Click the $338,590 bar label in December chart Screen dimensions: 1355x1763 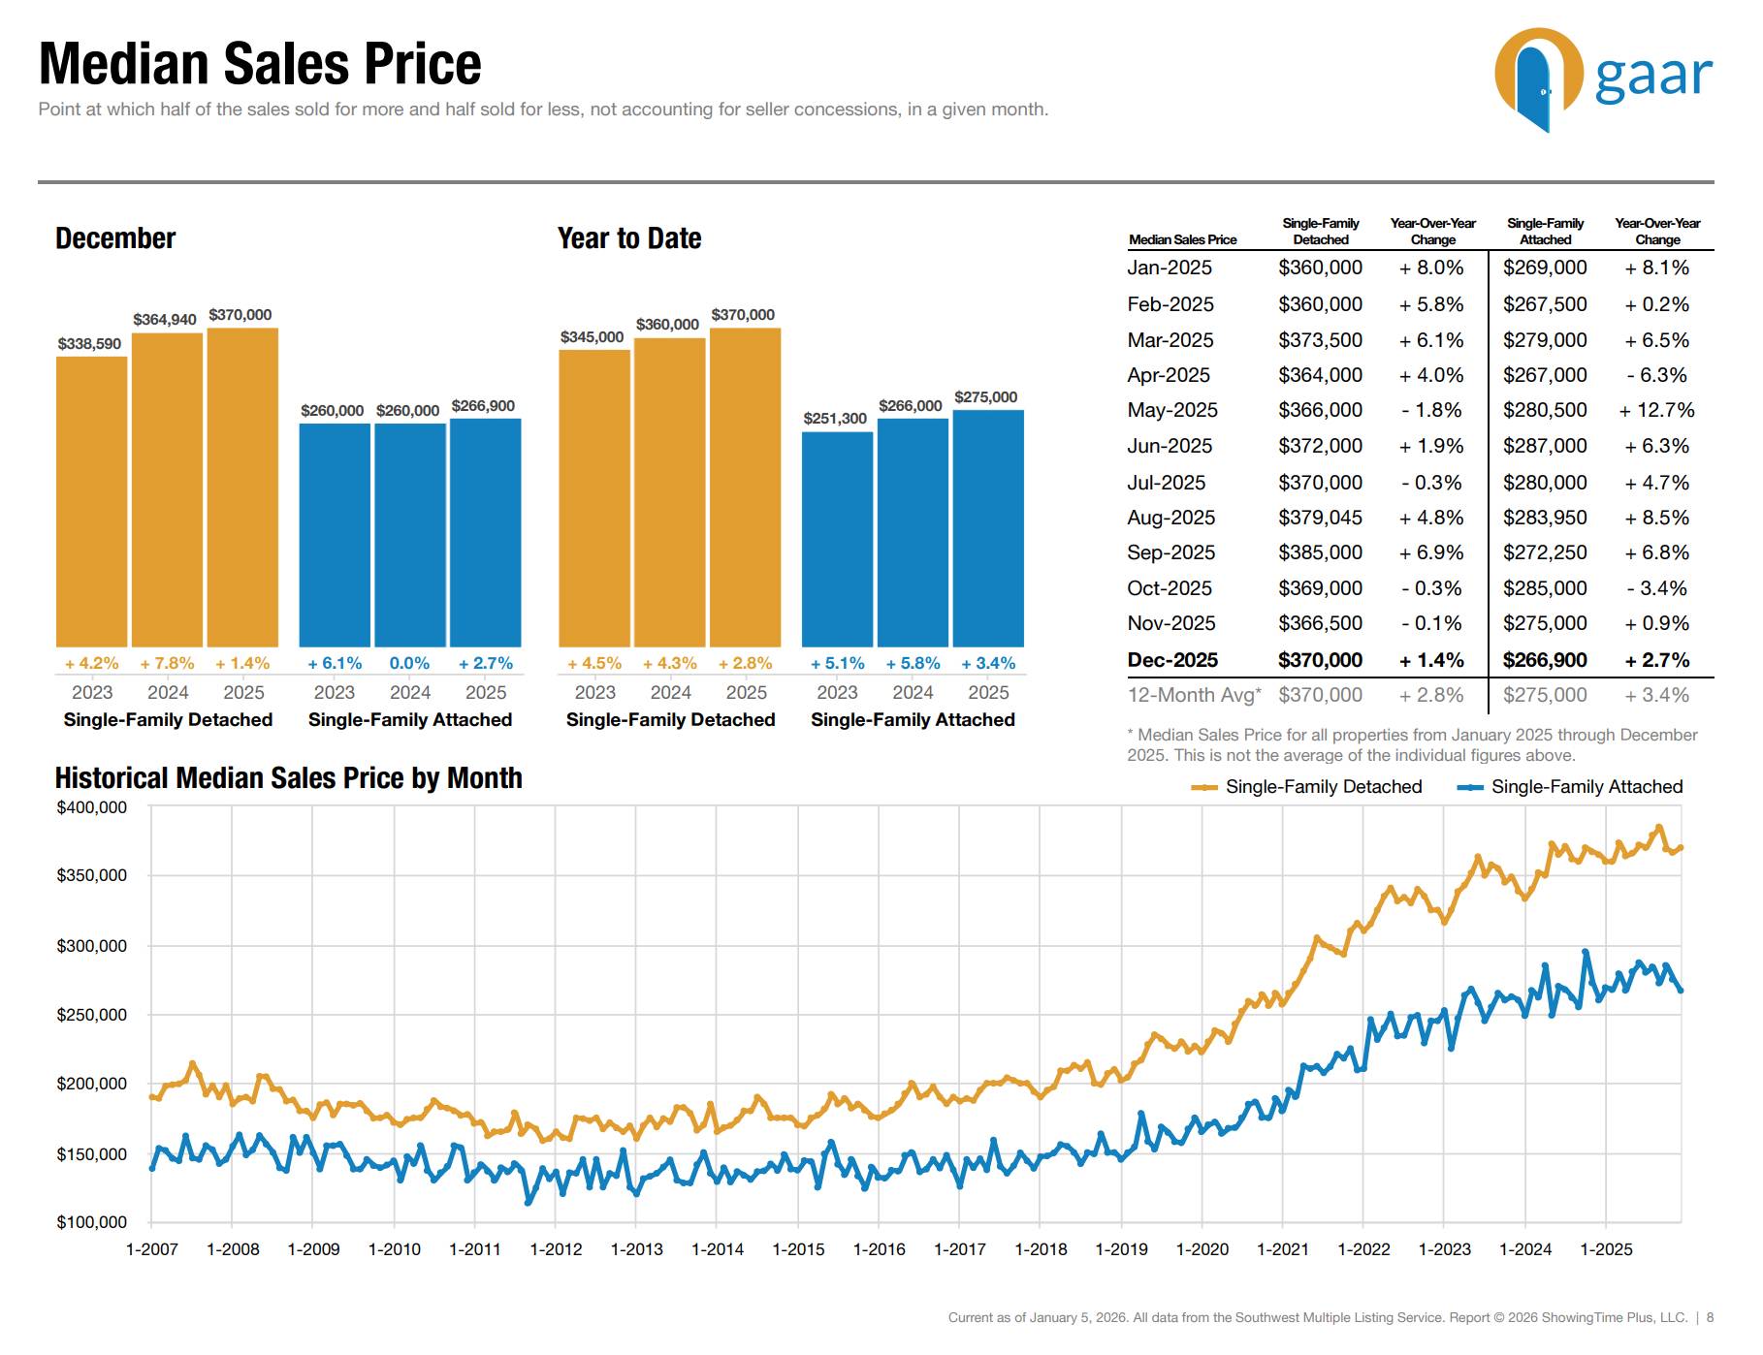[89, 344]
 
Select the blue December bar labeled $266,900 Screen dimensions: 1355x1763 [485, 532]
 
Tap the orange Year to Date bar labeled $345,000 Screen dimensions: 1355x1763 [593, 498]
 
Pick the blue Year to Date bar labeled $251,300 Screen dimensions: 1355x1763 [837, 539]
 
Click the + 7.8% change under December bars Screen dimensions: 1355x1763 [167, 664]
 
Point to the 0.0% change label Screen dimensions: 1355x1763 [409, 664]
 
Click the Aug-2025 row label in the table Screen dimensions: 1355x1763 [1170, 519]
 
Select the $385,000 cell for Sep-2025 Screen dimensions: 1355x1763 [1320, 553]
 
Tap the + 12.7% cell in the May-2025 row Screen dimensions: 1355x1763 [1656, 411]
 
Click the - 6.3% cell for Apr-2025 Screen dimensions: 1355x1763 [1656, 376]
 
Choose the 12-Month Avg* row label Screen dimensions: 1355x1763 [1194, 696]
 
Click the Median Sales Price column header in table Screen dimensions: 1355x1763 [1182, 240]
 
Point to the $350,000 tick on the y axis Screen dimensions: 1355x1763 [91, 876]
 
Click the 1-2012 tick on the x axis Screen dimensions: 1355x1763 [556, 1250]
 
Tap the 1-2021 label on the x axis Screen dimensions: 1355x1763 [1282, 1250]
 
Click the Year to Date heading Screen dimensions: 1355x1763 [628, 239]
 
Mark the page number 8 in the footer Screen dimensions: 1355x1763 [1710, 1318]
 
